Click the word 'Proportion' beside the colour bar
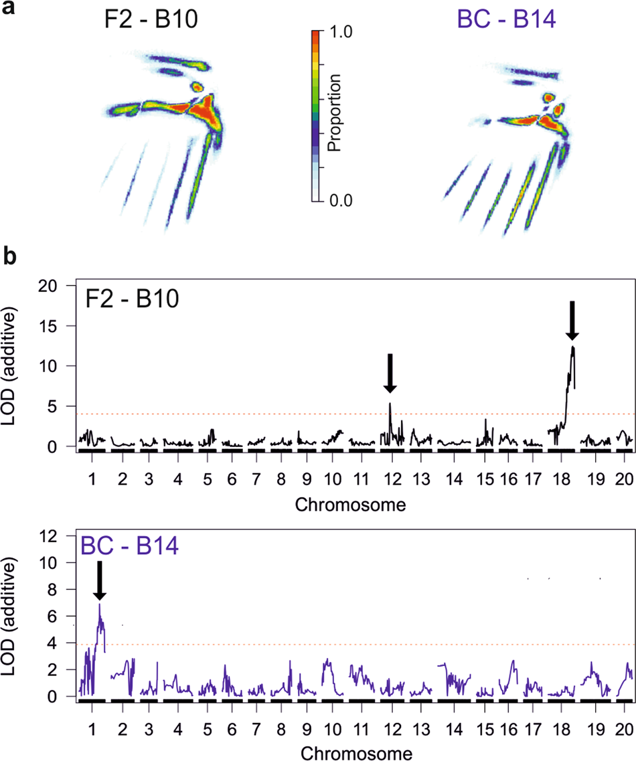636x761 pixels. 337,115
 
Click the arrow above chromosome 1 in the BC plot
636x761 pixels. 99,580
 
